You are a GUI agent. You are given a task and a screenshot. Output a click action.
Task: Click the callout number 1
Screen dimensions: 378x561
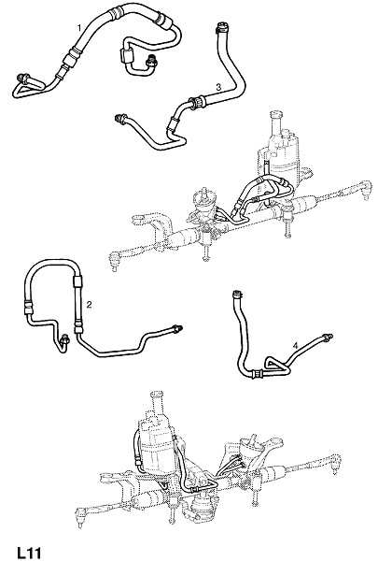tap(79, 27)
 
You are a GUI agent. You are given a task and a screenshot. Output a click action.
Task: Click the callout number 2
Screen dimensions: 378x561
tap(89, 305)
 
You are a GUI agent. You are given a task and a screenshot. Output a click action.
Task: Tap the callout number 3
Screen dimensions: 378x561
tap(218, 87)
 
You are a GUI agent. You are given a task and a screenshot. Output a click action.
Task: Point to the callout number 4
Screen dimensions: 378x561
tap(295, 346)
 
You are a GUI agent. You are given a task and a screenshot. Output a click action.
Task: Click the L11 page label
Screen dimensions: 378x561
tap(29, 553)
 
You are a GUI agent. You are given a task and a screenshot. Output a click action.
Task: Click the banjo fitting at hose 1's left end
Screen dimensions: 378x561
tap(23, 78)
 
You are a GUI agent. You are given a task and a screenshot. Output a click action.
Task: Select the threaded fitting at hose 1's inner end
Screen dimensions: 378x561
tap(151, 61)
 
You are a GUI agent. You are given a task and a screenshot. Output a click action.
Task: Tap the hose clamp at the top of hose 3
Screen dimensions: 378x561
tap(220, 27)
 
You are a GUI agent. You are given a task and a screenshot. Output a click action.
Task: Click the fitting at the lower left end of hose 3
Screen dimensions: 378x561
tap(120, 119)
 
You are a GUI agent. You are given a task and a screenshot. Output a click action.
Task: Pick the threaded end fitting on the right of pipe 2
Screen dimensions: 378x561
tap(177, 328)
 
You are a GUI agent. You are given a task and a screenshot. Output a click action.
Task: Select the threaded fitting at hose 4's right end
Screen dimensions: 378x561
tap(327, 337)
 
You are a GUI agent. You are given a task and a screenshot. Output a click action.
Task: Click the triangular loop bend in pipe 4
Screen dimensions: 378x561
tap(275, 365)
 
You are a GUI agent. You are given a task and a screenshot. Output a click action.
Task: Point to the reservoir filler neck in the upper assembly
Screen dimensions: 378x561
tap(276, 119)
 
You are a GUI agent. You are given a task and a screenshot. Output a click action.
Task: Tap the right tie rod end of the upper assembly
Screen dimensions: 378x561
tap(364, 189)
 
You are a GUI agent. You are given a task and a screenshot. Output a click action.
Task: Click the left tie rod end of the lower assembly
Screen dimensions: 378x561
tap(81, 515)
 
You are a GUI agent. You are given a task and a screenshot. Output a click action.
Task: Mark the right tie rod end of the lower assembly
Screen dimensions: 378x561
tap(335, 463)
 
